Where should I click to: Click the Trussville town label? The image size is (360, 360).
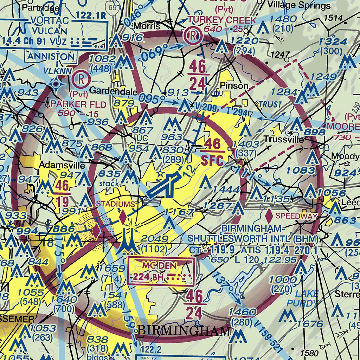[284, 140]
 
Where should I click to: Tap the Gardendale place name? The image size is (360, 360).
[113, 91]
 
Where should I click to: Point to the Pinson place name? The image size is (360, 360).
[234, 86]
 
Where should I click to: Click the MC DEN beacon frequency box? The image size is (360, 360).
[161, 271]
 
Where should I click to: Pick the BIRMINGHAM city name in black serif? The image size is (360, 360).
[184, 330]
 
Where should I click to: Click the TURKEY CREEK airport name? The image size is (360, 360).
[222, 20]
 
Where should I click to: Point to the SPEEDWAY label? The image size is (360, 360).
[297, 216]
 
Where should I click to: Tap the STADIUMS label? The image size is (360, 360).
[115, 204]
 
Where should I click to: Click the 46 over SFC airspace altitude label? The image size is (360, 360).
[212, 152]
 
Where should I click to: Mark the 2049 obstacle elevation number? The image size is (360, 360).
[154, 239]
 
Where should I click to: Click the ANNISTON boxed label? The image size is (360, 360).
[51, 56]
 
